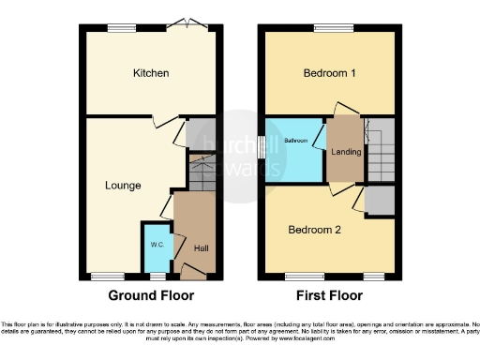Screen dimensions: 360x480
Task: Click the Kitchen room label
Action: [x=150, y=73]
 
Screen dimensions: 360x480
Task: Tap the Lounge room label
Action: [x=123, y=186]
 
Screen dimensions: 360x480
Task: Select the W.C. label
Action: [x=157, y=246]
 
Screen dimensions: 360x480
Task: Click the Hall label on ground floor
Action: [x=201, y=248]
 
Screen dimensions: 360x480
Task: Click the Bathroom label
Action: [x=295, y=141]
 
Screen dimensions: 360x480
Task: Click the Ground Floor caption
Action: [x=152, y=295]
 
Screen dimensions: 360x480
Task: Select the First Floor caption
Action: [x=328, y=295]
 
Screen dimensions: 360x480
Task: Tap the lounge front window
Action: [x=103, y=277]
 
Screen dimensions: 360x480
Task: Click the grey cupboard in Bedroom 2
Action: [x=380, y=200]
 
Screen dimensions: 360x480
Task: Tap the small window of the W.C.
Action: [x=157, y=277]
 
